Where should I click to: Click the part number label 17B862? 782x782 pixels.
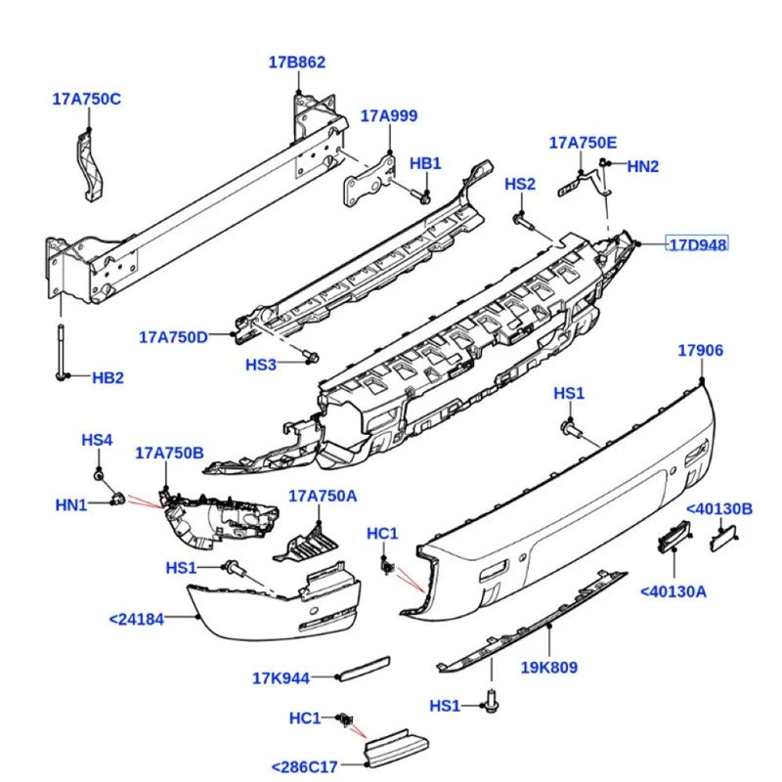(297, 63)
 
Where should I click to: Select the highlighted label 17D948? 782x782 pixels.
(697, 244)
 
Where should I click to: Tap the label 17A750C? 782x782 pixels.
(87, 98)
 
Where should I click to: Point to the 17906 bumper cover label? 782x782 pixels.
(701, 350)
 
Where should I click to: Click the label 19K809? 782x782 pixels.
(549, 668)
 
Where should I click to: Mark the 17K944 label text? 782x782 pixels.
(281, 677)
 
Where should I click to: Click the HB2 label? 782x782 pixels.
(109, 377)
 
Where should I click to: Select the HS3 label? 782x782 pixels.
(261, 365)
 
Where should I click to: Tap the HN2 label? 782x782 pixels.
(642, 166)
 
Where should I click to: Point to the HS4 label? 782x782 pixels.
(97, 441)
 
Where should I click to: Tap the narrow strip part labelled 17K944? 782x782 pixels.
(363, 669)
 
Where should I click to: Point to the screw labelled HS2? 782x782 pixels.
(523, 224)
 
